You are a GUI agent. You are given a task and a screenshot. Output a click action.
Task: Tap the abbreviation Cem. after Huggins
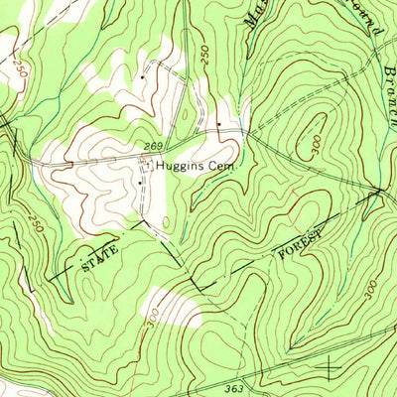pyautogui.click(x=223, y=168)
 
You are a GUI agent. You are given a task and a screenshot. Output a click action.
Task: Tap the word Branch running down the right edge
pyautogui.click(x=386, y=84)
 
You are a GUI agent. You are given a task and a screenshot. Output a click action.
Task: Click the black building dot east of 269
pyautogui.click(x=218, y=124)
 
